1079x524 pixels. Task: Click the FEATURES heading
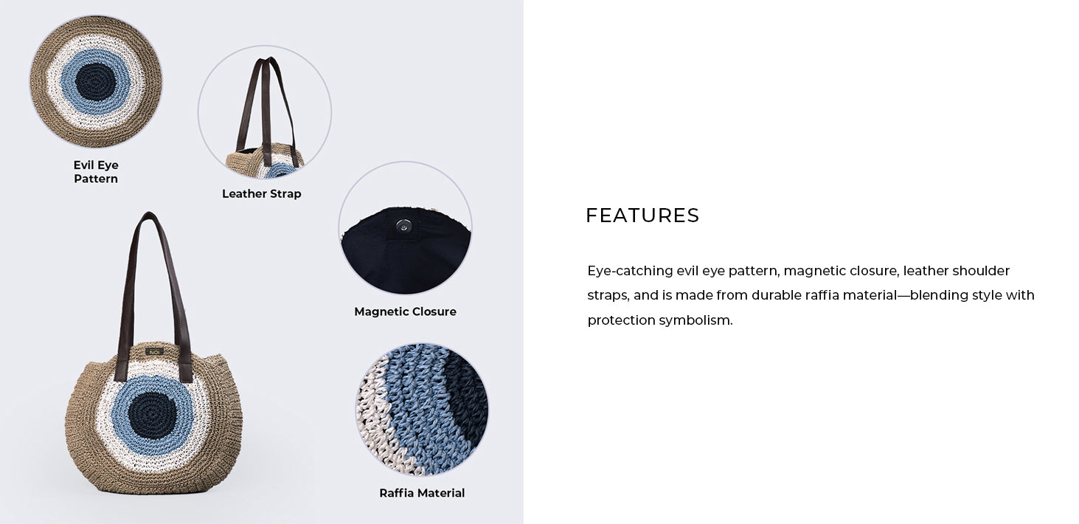(x=642, y=216)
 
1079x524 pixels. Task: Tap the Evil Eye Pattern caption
(x=96, y=172)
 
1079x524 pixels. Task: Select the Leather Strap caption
(x=262, y=194)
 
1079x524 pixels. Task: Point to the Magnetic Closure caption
(x=405, y=311)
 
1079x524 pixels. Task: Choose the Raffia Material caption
(x=422, y=493)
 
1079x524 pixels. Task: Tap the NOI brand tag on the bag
(x=155, y=352)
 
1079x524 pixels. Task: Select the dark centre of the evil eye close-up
(x=95, y=82)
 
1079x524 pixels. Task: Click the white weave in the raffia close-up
(x=375, y=424)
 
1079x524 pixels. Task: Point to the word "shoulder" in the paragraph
(x=981, y=271)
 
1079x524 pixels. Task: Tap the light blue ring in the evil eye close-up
(x=67, y=82)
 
